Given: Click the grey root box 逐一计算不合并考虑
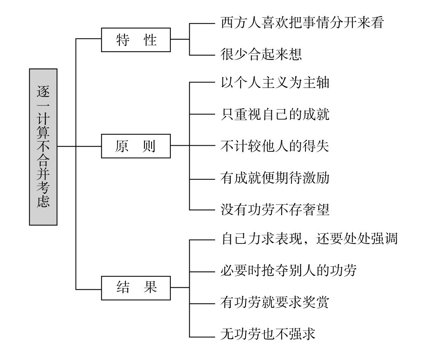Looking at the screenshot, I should tap(43, 147).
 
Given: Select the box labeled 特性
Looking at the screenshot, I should tap(136, 40).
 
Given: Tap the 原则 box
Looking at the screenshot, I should tap(136, 146).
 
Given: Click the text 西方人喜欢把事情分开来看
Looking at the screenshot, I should tap(302, 23).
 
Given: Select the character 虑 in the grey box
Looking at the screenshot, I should tap(43, 202).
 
